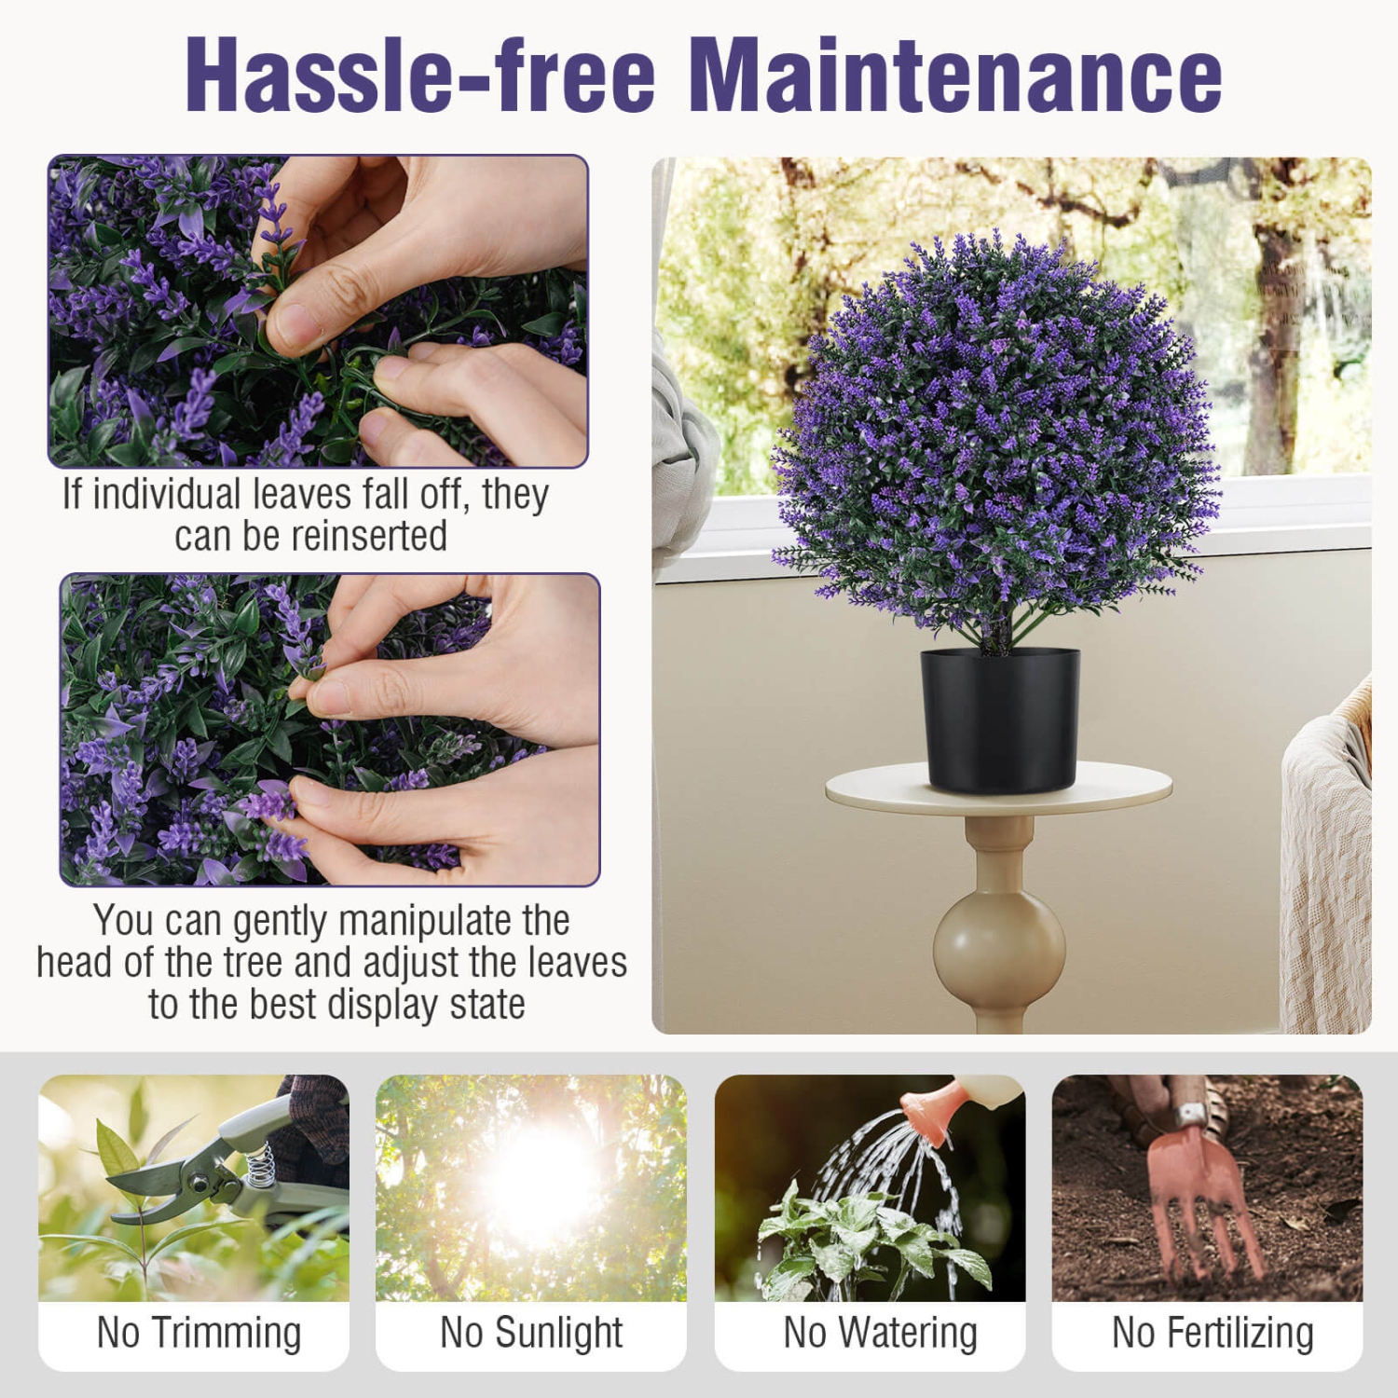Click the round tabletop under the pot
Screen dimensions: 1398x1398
(998, 788)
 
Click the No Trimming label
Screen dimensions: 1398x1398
(199, 1333)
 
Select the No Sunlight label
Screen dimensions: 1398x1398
(530, 1333)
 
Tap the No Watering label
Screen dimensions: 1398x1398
(880, 1333)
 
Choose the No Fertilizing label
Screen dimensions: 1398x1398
(1212, 1333)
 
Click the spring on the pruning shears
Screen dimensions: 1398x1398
(262, 1165)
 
